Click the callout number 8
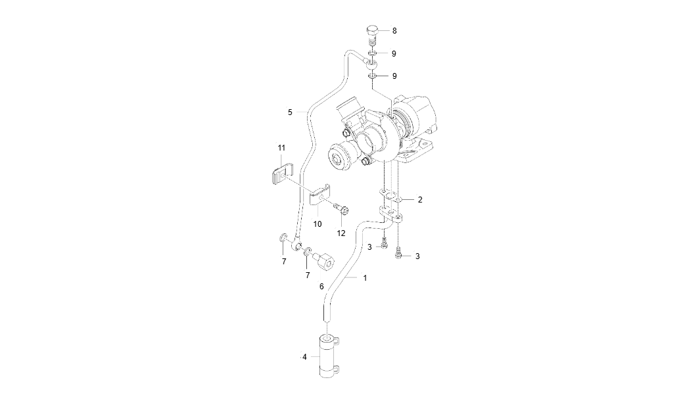pos(394,31)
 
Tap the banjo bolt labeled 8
pos(372,33)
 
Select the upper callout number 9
pos(394,53)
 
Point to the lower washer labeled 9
pos(373,76)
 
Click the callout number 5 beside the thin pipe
pos(290,112)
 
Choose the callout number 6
pos(321,286)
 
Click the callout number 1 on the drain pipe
pos(365,278)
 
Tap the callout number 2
pos(419,199)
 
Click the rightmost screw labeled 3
pos(398,252)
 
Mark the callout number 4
pos(304,357)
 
